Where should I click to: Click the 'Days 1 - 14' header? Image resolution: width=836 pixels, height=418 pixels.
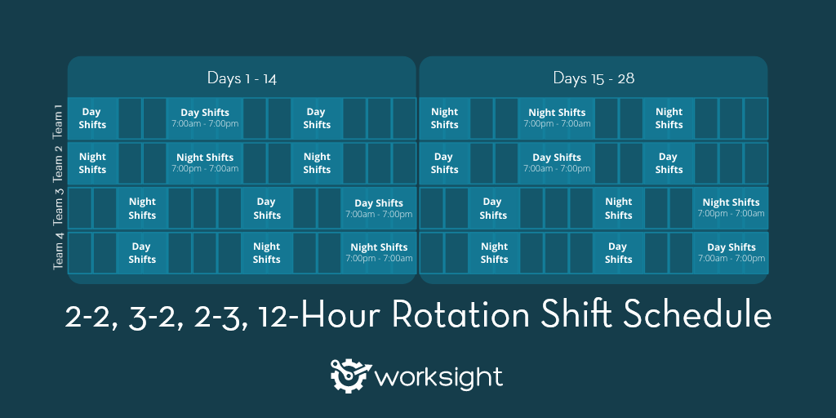[242, 78]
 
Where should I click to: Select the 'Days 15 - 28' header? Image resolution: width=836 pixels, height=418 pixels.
[594, 78]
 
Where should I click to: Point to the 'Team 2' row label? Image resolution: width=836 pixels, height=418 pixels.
[58, 163]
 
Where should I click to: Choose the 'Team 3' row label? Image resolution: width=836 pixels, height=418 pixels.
[58, 208]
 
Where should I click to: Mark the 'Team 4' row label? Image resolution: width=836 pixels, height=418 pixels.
[58, 252]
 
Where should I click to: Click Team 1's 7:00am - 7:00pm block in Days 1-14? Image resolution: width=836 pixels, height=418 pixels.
[205, 118]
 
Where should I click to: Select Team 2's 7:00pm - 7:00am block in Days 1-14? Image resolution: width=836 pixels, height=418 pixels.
[205, 163]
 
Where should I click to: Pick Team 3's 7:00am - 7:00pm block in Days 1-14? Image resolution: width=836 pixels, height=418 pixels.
[379, 208]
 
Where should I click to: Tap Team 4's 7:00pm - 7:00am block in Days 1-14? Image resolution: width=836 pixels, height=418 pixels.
[379, 252]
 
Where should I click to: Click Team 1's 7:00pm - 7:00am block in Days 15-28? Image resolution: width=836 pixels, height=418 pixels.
[557, 118]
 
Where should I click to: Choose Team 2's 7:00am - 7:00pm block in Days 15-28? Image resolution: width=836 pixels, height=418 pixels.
[557, 163]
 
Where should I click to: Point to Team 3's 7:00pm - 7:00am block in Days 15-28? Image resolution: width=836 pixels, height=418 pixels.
[731, 208]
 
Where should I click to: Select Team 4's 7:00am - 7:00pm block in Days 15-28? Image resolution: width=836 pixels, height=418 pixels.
[731, 252]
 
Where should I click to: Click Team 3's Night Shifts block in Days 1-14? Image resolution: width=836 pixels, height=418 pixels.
[142, 208]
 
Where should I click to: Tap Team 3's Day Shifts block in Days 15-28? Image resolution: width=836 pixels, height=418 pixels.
[493, 208]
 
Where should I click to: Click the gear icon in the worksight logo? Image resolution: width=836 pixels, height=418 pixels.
[349, 375]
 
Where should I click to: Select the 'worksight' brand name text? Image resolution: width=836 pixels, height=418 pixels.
[438, 377]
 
